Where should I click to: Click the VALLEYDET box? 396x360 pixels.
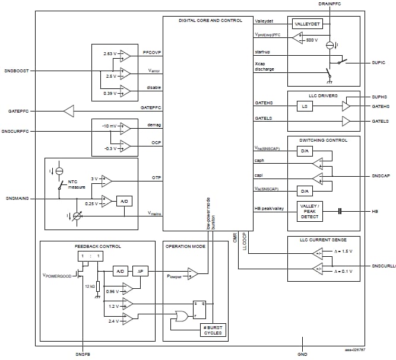click(307, 24)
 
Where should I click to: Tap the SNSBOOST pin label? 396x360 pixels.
click(15, 71)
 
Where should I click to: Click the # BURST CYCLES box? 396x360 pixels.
click(212, 330)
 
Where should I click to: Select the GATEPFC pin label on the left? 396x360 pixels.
click(19, 111)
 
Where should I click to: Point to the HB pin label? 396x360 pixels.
click(376, 211)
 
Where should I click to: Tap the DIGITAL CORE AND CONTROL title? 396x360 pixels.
click(210, 21)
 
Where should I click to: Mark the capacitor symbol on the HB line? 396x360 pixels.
click(341, 211)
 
